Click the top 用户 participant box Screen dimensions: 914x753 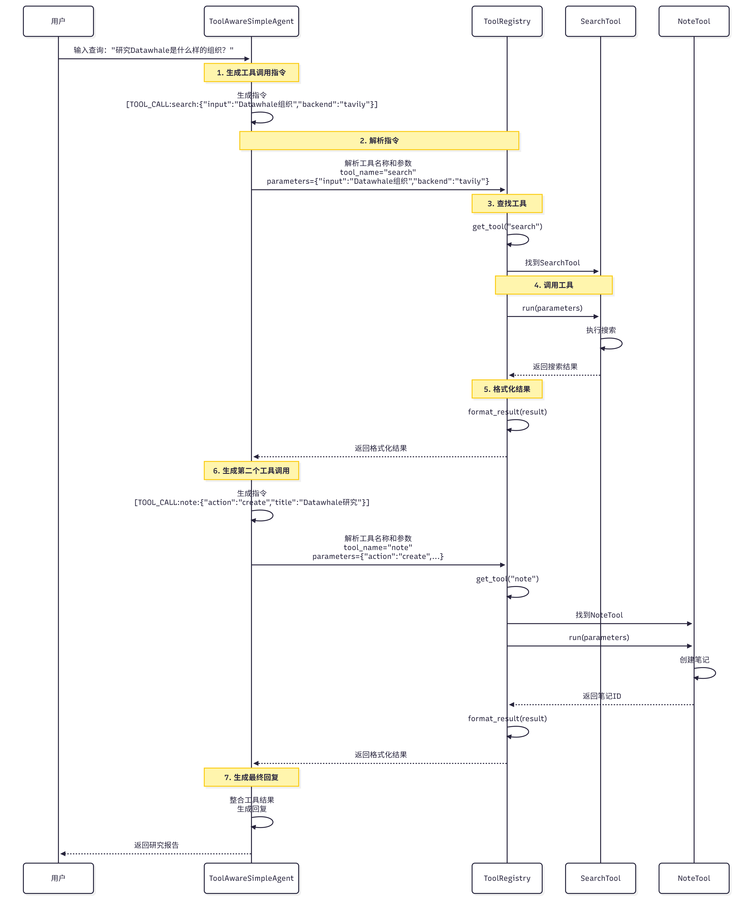[58, 21]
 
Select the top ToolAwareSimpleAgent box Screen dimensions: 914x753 [251, 21]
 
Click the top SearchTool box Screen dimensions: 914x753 [600, 21]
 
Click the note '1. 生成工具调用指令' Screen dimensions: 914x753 [251, 72]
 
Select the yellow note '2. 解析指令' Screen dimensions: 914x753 [379, 140]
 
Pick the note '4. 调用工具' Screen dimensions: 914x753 [553, 285]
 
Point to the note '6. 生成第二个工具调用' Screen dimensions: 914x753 [251, 471]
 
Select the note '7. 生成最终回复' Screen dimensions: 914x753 [251, 777]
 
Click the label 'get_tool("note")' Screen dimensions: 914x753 [507, 579]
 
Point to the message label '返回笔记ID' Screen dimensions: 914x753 [602, 696]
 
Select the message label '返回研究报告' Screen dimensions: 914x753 [156, 845]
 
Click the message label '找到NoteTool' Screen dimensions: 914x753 [599, 615]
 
